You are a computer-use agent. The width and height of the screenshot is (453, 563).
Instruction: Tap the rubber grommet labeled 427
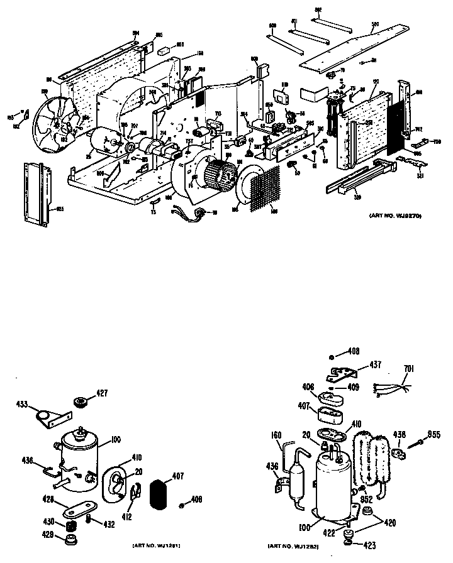point(81,402)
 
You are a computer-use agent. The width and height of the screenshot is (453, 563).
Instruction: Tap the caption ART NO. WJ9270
point(395,216)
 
